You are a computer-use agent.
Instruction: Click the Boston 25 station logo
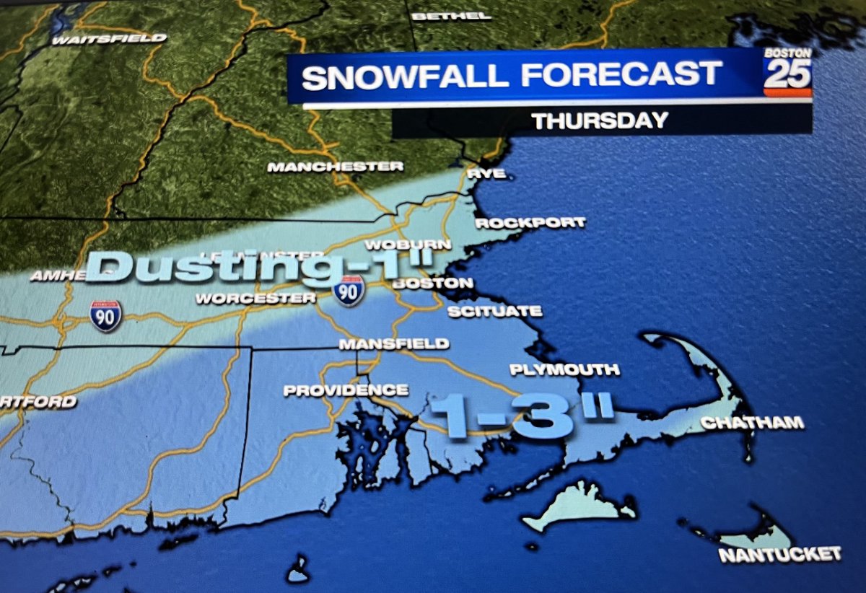tap(787, 73)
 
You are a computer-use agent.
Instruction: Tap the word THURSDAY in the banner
tap(600, 120)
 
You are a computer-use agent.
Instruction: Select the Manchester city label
tap(335, 167)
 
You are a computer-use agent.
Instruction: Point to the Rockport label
tap(530, 223)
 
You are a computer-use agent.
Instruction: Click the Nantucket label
tap(779, 554)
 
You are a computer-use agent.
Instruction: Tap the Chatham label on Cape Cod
tap(753, 423)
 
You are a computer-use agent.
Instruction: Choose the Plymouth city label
tap(564, 370)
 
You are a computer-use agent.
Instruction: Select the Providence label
tap(346, 390)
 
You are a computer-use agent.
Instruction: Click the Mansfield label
tap(394, 344)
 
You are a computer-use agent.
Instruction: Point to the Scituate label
tap(494, 312)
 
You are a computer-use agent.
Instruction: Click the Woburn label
tap(408, 245)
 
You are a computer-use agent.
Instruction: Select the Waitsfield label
tap(109, 38)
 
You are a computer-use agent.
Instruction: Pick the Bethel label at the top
tap(451, 15)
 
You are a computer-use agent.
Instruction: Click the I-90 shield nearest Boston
tap(349, 291)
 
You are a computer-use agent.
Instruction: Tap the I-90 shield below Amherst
tap(105, 316)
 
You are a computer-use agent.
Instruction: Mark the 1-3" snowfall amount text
tap(521, 418)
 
